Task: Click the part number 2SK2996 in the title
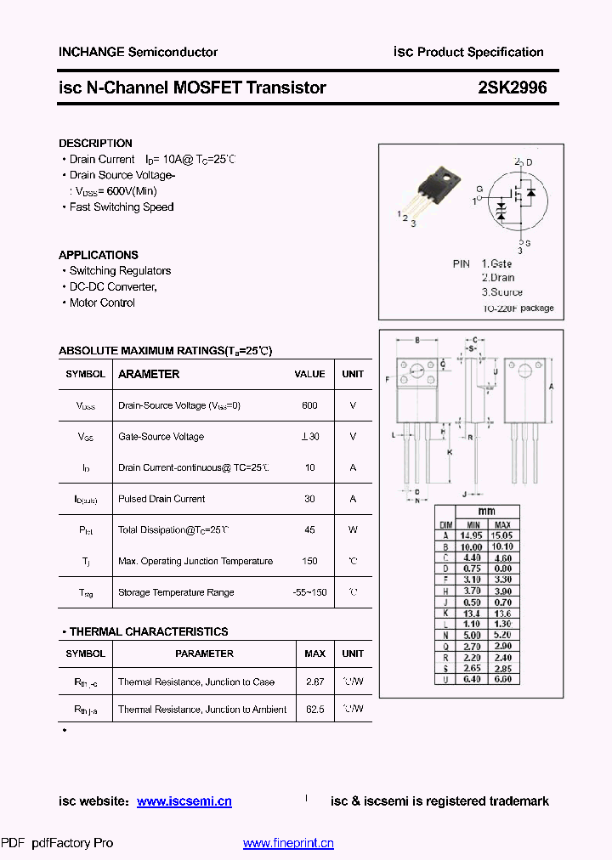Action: point(512,88)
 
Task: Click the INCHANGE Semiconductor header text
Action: point(138,52)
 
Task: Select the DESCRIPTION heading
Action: point(95,144)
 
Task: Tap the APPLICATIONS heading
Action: point(99,255)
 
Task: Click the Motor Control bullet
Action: point(102,303)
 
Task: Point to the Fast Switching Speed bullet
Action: point(122,207)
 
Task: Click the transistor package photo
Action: point(435,191)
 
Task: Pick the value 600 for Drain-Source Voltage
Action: point(309,405)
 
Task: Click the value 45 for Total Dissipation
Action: point(309,529)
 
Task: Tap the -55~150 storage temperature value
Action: point(309,592)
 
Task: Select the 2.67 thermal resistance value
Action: point(314,682)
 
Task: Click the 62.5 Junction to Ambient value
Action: point(314,709)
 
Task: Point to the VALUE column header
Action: point(309,374)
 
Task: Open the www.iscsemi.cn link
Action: point(184,801)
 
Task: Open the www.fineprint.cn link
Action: point(288,843)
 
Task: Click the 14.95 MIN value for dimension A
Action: point(471,535)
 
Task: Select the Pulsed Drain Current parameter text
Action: point(161,499)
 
